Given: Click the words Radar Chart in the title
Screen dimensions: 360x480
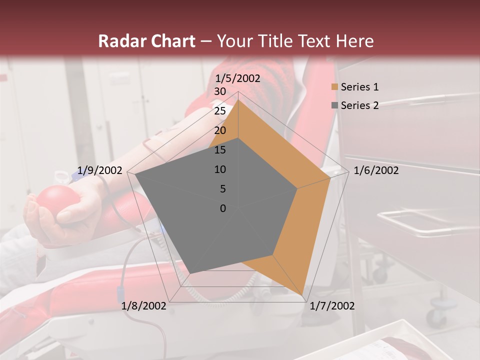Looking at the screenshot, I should point(146,41).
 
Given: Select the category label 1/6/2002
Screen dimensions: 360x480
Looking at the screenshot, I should point(376,170).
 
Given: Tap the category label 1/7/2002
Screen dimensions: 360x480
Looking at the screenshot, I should point(332,306).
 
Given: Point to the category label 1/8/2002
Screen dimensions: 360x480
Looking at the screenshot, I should point(144,306).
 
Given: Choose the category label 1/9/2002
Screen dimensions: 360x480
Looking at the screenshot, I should point(100,170).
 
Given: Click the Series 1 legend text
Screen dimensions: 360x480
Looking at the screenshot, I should point(359,87).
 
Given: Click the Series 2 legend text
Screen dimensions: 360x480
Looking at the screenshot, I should point(359,105).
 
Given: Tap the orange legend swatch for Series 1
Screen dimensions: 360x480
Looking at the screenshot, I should point(334,87).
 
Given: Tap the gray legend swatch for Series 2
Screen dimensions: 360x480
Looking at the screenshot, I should point(334,105).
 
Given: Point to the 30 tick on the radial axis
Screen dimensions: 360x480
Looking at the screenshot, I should point(220,91).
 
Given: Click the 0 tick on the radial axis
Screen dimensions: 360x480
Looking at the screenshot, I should point(223,208).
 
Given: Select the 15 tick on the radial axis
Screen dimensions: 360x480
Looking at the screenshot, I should point(220,150).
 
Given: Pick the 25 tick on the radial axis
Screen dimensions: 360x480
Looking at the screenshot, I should point(220,111).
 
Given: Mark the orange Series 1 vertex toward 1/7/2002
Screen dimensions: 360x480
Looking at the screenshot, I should point(302,295).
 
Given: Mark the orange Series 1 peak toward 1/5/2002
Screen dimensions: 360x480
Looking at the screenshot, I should point(238,100).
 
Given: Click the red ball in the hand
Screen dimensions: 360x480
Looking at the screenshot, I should point(57,200).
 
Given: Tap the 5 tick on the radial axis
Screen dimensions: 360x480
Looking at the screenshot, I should point(223,189).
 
